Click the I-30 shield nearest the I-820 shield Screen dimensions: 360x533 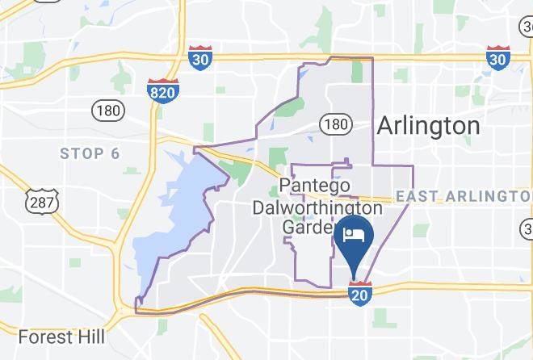200,58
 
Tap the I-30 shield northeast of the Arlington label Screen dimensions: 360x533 497,58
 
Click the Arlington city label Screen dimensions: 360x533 428,126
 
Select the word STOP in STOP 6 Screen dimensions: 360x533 82,153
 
